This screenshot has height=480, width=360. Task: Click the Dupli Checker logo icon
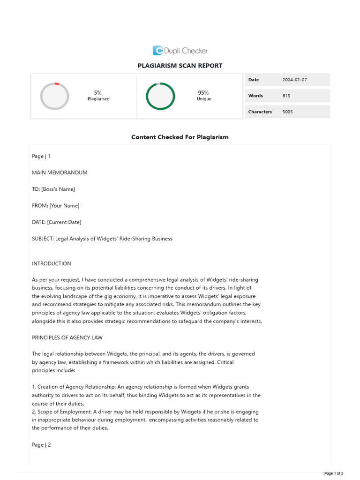coord(157,51)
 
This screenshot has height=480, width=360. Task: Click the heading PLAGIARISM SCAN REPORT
coord(180,66)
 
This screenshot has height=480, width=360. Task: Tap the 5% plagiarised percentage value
coord(98,93)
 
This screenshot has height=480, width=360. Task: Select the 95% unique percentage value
coord(203,93)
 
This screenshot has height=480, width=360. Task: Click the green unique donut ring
coord(160,96)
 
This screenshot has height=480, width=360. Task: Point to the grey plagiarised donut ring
coord(55,96)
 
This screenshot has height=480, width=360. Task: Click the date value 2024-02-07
coord(294,80)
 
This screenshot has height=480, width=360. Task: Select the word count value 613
coord(286,96)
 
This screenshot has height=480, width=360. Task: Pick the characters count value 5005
coord(287,112)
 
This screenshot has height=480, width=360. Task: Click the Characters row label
coord(260,112)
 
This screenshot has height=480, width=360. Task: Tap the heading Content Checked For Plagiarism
coord(180,137)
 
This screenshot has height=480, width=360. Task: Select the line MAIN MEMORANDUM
coord(60,172)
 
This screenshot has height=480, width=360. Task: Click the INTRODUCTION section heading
coord(52,263)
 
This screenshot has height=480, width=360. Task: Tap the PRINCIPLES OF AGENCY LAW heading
coord(67,337)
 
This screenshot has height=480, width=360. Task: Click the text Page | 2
coord(41,445)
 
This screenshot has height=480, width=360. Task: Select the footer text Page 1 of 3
coord(333,473)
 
